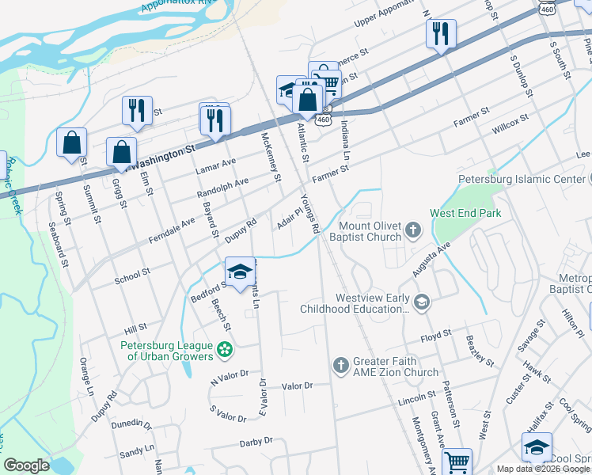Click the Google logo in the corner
coord(26,465)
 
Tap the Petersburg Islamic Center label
coord(524,179)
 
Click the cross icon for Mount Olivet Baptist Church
coord(412,230)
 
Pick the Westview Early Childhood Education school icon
coord(423,301)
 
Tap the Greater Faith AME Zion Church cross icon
coord(340,365)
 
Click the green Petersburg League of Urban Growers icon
coord(226,348)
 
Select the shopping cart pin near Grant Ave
coord(457,462)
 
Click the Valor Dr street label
coord(298,386)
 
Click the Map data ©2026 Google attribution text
coord(543,469)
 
